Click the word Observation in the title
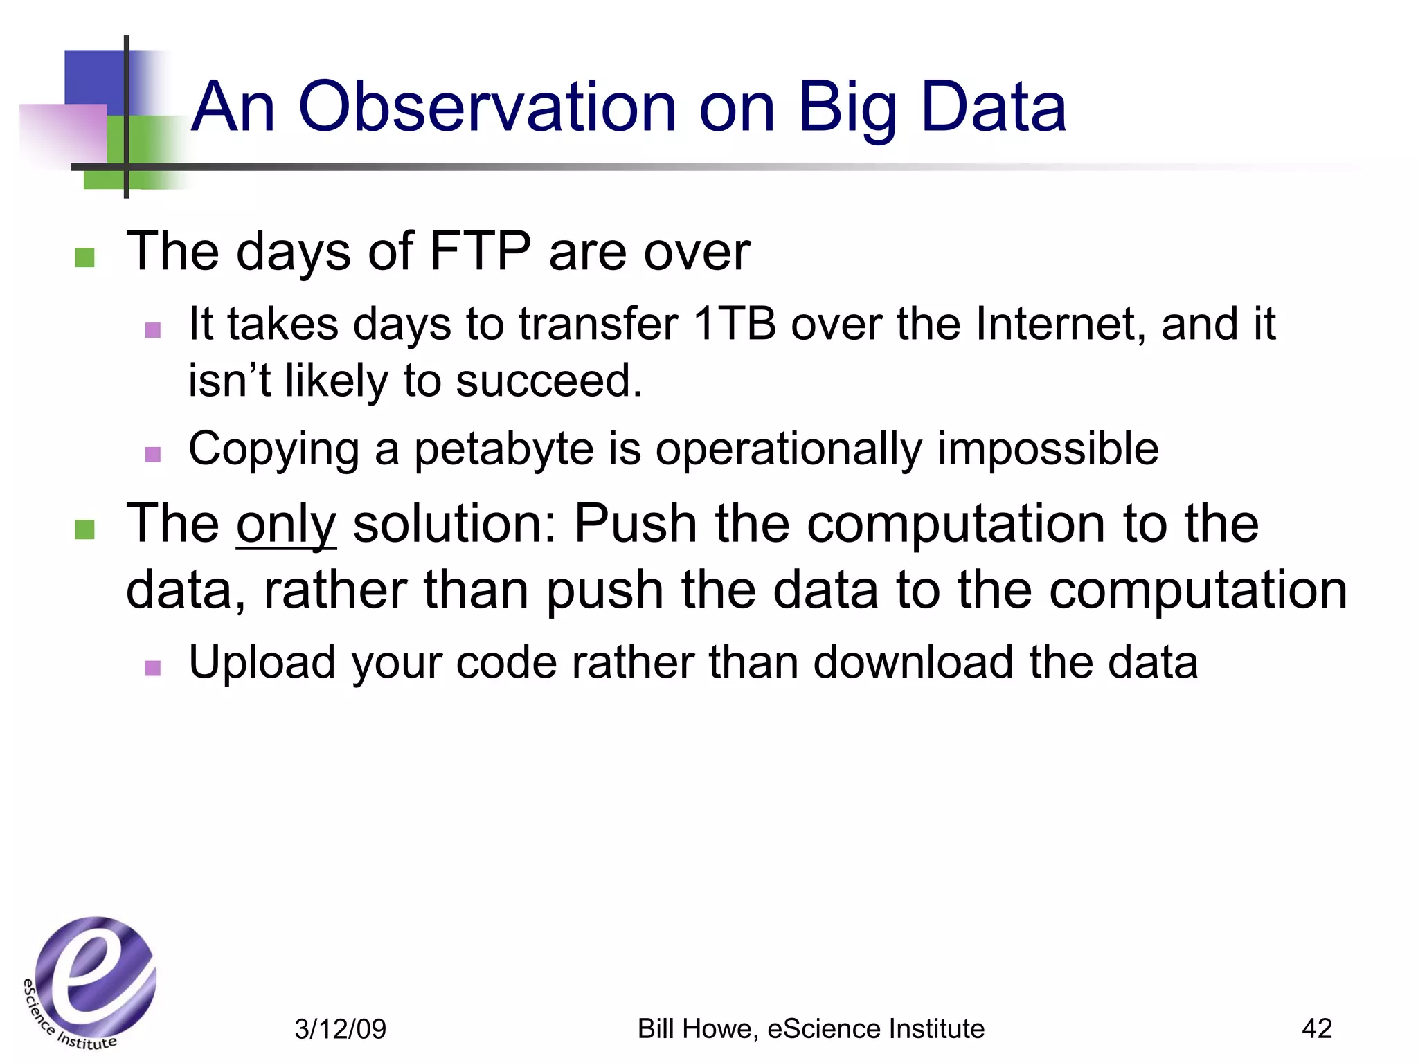pos(487,107)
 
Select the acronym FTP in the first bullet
pos(480,251)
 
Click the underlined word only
pos(286,525)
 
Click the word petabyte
pos(503,450)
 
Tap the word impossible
pos(1048,450)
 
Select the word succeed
pos(549,381)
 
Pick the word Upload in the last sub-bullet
pos(261,662)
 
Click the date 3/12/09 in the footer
pos(340,1029)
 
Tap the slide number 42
pos(1316,1028)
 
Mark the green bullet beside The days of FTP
pos(84,257)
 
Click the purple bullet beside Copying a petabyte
pos(153,455)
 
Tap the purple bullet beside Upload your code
pos(153,668)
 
